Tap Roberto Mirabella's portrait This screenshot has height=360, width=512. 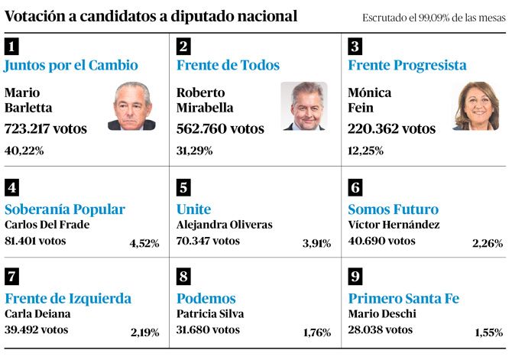point(303,106)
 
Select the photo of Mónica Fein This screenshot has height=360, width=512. point(475,106)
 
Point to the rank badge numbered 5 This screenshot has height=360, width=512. point(183,187)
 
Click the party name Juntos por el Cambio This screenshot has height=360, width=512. point(71,66)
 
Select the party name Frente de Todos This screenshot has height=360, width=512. point(228,66)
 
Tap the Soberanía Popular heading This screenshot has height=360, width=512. point(65,209)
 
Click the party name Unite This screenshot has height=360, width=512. point(193,209)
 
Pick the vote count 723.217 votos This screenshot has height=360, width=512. point(46,128)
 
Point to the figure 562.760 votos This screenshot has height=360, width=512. point(220,128)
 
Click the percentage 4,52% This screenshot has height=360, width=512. point(144,244)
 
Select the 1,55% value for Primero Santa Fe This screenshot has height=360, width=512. point(488,332)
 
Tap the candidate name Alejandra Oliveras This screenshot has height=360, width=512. point(224,225)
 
